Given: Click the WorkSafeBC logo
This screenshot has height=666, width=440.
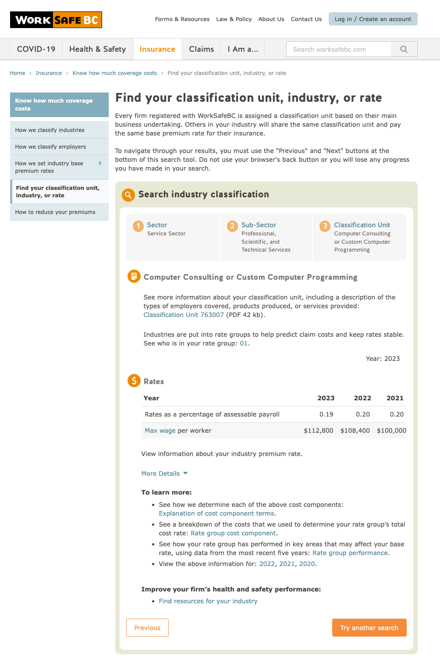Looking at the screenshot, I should pyautogui.click(x=56, y=20).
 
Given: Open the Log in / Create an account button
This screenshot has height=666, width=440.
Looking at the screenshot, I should pyautogui.click(x=373, y=19).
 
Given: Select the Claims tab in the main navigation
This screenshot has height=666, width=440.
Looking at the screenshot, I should pyautogui.click(x=201, y=49).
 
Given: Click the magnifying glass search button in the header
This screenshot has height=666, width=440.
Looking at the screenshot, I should pyautogui.click(x=404, y=49).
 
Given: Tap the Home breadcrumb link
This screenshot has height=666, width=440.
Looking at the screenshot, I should pyautogui.click(x=18, y=73).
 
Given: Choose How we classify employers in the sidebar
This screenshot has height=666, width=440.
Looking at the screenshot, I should pyautogui.click(x=50, y=147).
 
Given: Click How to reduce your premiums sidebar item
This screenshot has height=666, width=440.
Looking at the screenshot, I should pyautogui.click(x=55, y=212).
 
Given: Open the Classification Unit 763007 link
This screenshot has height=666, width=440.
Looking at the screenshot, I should pyautogui.click(x=184, y=315).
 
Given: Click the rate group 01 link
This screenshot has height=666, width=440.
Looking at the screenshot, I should pyautogui.click(x=244, y=343).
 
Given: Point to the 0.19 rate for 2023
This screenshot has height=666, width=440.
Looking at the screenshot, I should pyautogui.click(x=326, y=414).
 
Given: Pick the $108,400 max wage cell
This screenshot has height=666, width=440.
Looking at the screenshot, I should pyautogui.click(x=355, y=431).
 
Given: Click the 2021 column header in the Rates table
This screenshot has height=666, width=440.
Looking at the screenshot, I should pyautogui.click(x=394, y=398).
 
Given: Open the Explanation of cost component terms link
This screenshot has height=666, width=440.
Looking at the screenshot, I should pyautogui.click(x=216, y=513).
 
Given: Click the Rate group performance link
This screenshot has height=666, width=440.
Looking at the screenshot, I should pyautogui.click(x=350, y=553).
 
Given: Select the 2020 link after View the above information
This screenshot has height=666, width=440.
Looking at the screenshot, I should pyautogui.click(x=307, y=564).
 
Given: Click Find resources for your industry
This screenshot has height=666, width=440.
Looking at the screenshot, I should pyautogui.click(x=208, y=601).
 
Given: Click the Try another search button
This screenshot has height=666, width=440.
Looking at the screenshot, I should pyautogui.click(x=369, y=628).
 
